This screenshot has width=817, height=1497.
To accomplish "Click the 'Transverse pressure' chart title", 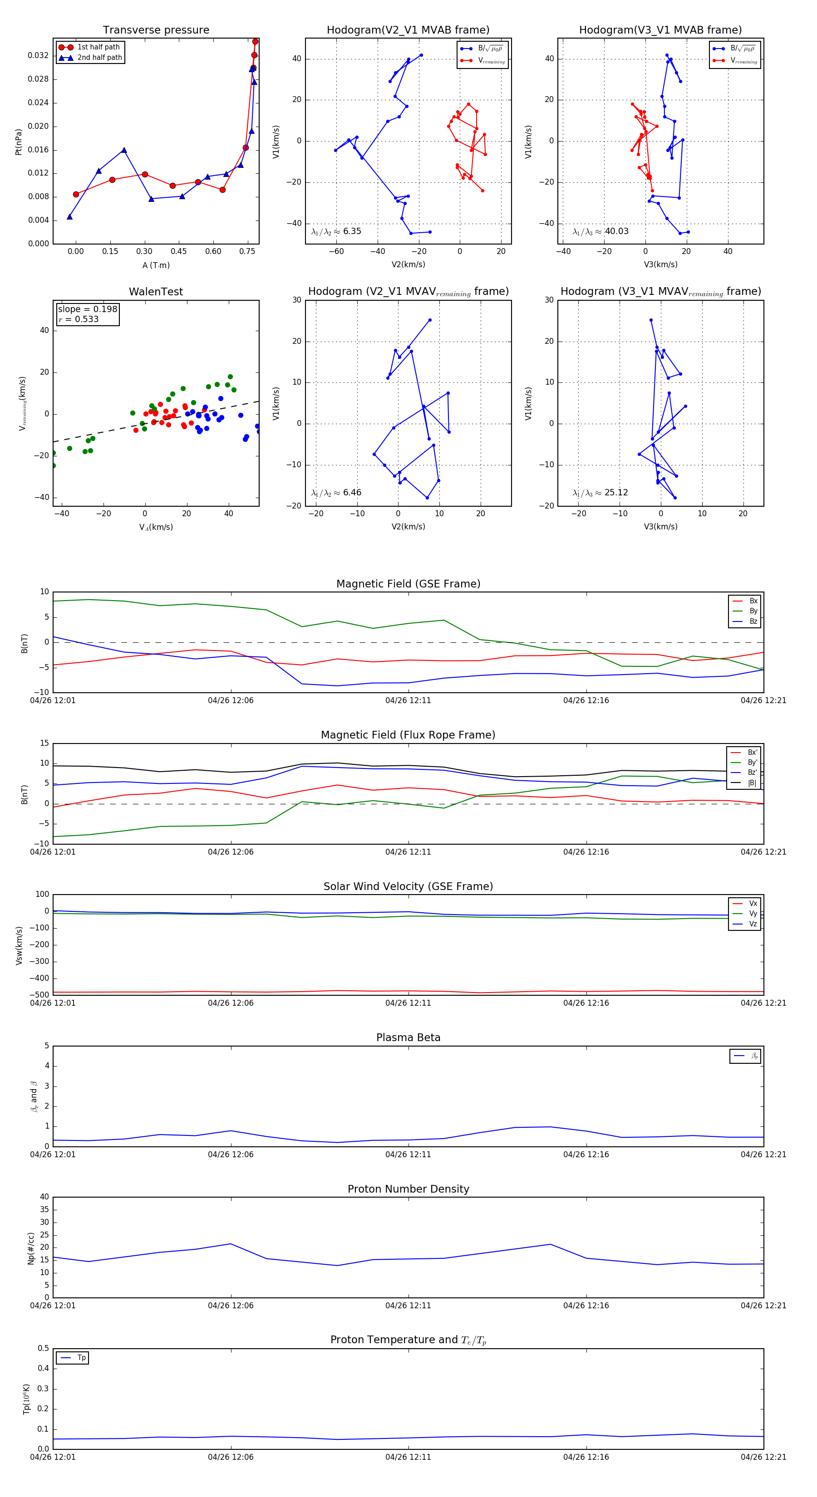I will (x=156, y=29).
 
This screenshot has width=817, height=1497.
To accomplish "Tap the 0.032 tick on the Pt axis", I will (x=39, y=55).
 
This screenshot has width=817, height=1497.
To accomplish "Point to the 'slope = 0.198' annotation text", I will (x=87, y=309).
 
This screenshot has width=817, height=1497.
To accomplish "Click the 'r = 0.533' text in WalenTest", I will (x=79, y=319).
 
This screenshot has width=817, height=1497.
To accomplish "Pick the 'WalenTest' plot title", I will (x=156, y=292).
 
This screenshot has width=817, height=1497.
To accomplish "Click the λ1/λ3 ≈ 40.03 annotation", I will (x=600, y=231).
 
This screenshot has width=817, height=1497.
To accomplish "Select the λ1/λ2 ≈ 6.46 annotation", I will (x=336, y=493).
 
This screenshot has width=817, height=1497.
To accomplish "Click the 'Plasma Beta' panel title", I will (x=408, y=1037).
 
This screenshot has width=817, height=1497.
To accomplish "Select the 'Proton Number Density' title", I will (x=408, y=1189).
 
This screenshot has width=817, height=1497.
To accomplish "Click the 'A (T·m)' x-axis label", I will (x=156, y=265).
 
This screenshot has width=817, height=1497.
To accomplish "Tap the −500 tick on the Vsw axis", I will (x=39, y=995).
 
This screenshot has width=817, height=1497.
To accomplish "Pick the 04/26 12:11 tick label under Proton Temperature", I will (x=408, y=1457).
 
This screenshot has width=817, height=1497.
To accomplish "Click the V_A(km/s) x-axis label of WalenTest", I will (x=156, y=527).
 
